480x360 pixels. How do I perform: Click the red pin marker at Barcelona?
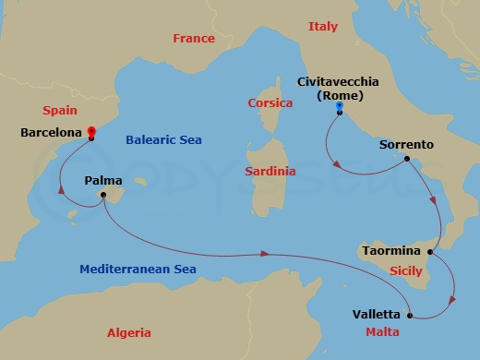[x=90, y=132]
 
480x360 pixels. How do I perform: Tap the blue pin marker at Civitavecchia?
[x=340, y=107]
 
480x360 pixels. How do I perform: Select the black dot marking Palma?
[x=104, y=196]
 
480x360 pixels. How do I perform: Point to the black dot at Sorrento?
[x=406, y=159]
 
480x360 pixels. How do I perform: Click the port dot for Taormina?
[x=430, y=251]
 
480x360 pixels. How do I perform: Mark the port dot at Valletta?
[x=407, y=315]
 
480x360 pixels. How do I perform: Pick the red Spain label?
[x=59, y=110]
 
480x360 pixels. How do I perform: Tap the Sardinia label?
[x=270, y=172]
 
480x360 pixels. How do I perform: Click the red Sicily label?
[x=406, y=272]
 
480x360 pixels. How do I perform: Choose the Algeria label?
[x=128, y=332]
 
